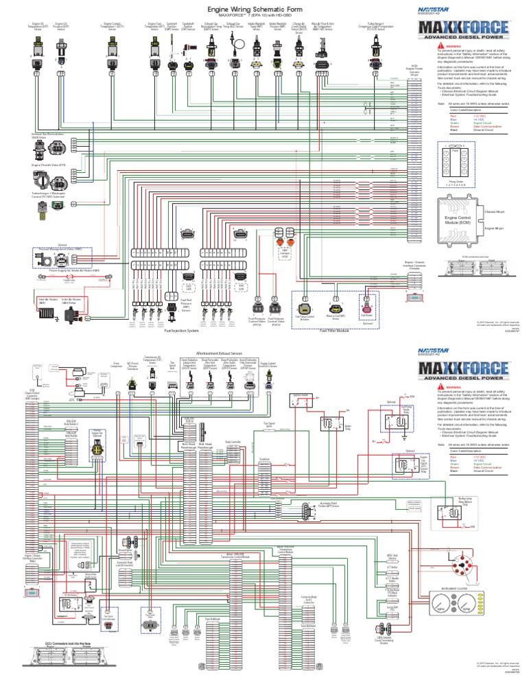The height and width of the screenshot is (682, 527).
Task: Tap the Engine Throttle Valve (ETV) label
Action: click(x=48, y=165)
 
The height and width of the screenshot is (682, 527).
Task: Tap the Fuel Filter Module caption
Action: click(x=335, y=330)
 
